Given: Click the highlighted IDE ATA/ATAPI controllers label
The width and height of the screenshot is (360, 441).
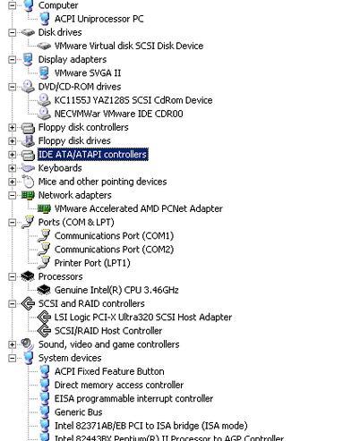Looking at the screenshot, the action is (x=92, y=155).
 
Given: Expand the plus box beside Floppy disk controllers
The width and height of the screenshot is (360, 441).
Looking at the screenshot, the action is (x=12, y=127).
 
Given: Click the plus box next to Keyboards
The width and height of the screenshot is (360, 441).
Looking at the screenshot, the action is (x=12, y=168).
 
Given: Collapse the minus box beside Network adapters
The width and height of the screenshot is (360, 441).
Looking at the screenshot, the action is (x=12, y=195).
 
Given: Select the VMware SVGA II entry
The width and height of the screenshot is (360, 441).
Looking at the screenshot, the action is (x=88, y=73).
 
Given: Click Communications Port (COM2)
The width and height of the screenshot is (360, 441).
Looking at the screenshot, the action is (x=114, y=250).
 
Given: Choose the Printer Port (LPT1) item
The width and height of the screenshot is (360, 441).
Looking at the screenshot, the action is (x=92, y=263).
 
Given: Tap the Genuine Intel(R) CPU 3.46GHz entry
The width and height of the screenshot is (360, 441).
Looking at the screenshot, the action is (x=116, y=290).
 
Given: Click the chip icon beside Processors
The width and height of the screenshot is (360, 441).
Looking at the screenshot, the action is (x=28, y=276).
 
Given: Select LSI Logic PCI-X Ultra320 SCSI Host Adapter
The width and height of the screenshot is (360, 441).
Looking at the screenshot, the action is (x=143, y=318).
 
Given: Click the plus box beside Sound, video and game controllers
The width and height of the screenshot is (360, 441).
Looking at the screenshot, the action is (x=12, y=344).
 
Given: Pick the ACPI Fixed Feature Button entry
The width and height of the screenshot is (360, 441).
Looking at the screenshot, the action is (x=109, y=371).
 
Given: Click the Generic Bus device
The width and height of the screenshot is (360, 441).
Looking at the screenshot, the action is (x=78, y=412).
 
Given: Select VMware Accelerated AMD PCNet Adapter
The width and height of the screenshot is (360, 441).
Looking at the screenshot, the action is (x=139, y=208).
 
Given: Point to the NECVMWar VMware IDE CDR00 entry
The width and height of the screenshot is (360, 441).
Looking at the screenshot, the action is (x=118, y=114).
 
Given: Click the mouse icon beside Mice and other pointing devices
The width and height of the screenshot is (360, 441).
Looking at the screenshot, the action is (x=28, y=182).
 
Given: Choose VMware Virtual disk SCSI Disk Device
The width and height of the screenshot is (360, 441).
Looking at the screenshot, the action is (x=129, y=46).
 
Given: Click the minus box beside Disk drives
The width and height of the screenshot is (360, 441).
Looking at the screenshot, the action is (x=12, y=32).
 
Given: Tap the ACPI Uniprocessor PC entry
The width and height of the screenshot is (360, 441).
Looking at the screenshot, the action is (x=99, y=19).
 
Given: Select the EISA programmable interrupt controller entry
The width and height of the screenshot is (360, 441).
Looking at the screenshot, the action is (x=133, y=399).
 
